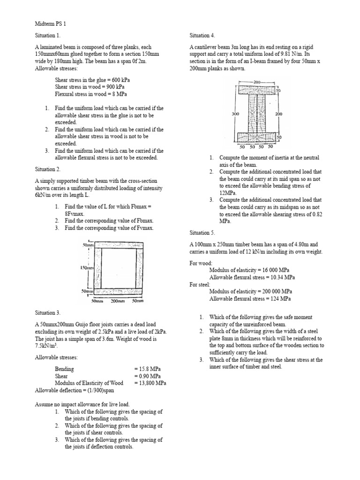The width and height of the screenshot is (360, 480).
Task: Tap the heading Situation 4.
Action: tap(202, 35)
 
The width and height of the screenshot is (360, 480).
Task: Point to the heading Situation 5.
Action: tap(202, 232)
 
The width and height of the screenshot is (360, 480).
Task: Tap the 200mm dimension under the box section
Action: tap(117, 300)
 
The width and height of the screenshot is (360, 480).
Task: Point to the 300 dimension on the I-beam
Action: tap(235, 113)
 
